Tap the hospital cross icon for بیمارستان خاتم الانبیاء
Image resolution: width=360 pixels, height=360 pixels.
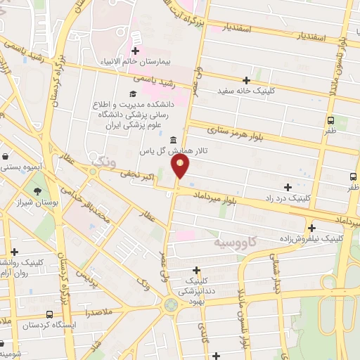(136, 51)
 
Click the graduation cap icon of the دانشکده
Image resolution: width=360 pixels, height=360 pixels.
(132, 94)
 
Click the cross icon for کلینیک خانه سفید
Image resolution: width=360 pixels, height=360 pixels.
(246, 80)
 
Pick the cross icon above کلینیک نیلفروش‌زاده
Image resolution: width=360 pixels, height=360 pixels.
(311, 227)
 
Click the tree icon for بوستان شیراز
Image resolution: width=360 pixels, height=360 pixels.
(37, 191)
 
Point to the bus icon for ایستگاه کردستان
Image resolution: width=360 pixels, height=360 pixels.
(49, 315)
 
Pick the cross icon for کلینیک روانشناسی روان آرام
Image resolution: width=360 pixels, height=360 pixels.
(14, 252)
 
